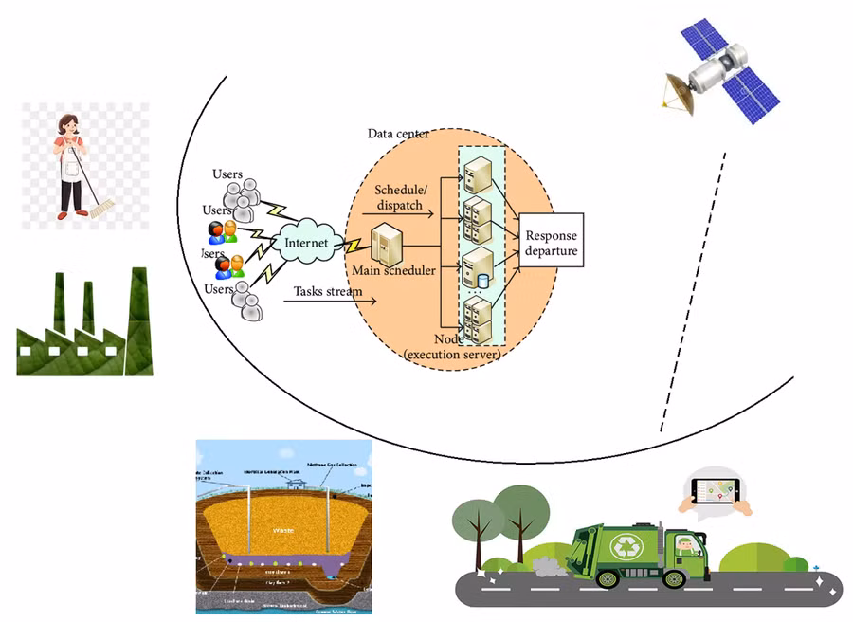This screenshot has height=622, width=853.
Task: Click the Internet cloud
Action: [x=306, y=243]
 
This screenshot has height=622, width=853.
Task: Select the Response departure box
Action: [x=551, y=243]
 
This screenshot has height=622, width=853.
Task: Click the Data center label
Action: [x=398, y=134]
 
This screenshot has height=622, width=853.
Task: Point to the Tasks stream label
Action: [x=328, y=291]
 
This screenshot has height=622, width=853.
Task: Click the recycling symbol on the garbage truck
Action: [x=626, y=546]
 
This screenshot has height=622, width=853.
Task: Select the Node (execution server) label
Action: [x=451, y=347]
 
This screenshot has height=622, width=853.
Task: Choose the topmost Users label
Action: [x=227, y=174]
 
